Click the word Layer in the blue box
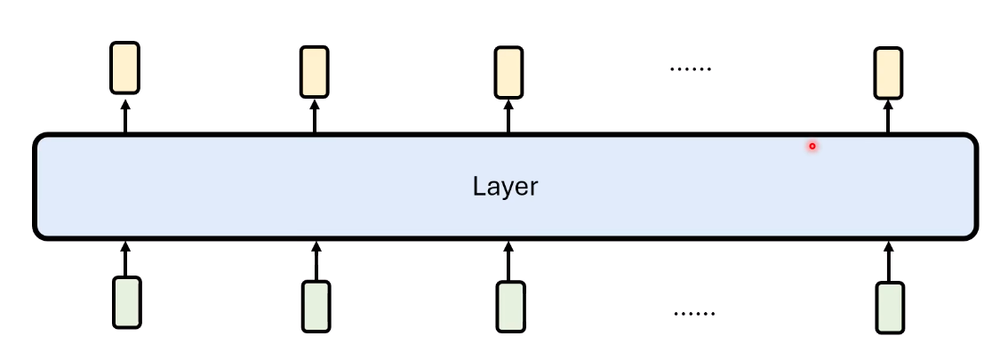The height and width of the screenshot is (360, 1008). (505, 187)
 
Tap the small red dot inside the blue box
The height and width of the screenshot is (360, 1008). (812, 147)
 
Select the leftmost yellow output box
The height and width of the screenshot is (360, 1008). (124, 68)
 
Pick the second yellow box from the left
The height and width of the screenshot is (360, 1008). (315, 71)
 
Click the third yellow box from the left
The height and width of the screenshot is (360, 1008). (508, 72)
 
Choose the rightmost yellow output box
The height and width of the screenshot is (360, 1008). (888, 73)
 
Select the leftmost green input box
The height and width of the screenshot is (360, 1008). (126, 302)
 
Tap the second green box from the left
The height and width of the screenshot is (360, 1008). (316, 306)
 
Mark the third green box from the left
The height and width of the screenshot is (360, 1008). (510, 307)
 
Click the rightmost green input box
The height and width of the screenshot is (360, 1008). (890, 308)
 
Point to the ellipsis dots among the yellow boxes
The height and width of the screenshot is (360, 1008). (691, 68)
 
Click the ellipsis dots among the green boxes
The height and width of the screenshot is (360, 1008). (694, 314)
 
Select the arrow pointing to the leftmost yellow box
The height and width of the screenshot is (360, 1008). (125, 116)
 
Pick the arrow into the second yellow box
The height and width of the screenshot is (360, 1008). (315, 116)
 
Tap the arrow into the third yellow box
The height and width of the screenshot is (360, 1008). (508, 116)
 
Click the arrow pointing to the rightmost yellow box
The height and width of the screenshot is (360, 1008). (888, 116)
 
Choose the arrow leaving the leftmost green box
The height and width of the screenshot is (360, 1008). (125, 259)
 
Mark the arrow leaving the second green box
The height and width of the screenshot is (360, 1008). (316, 261)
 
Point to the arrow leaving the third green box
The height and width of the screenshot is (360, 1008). (508, 261)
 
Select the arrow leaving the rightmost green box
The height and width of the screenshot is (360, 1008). (889, 261)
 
